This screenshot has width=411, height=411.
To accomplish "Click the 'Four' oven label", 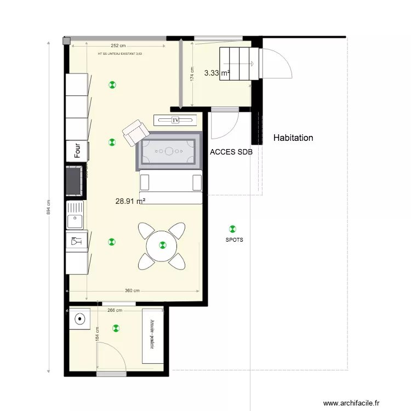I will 77,151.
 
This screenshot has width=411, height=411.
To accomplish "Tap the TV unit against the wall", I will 175,120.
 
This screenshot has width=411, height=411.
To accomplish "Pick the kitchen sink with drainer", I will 75,215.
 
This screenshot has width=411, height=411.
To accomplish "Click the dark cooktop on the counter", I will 75,181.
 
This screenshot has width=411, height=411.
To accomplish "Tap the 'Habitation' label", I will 293,138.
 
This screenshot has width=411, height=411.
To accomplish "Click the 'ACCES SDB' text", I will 231,153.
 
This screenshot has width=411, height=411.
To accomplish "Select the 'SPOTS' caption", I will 234,240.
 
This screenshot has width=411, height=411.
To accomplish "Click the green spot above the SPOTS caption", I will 233,229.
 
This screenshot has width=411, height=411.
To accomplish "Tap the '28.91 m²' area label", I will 130,201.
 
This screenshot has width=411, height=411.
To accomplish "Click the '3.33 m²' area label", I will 216,72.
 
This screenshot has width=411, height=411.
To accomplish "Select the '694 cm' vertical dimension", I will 49,207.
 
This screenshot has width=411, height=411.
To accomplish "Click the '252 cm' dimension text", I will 118,46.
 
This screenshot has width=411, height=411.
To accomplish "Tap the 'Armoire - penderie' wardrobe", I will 153,335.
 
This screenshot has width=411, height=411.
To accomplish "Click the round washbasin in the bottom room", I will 81,318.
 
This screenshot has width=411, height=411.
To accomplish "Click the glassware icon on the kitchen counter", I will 75,240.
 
